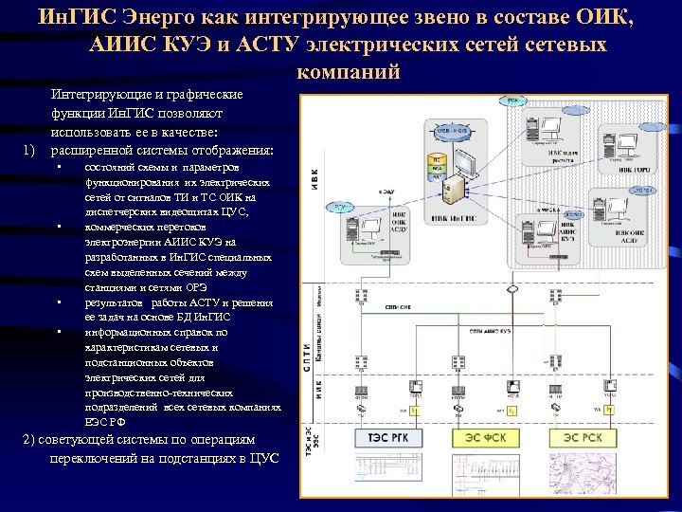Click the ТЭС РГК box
tap(387, 438)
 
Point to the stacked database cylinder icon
tap(437, 166)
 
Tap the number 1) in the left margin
tap(28, 151)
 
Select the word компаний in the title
tap(348, 72)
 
